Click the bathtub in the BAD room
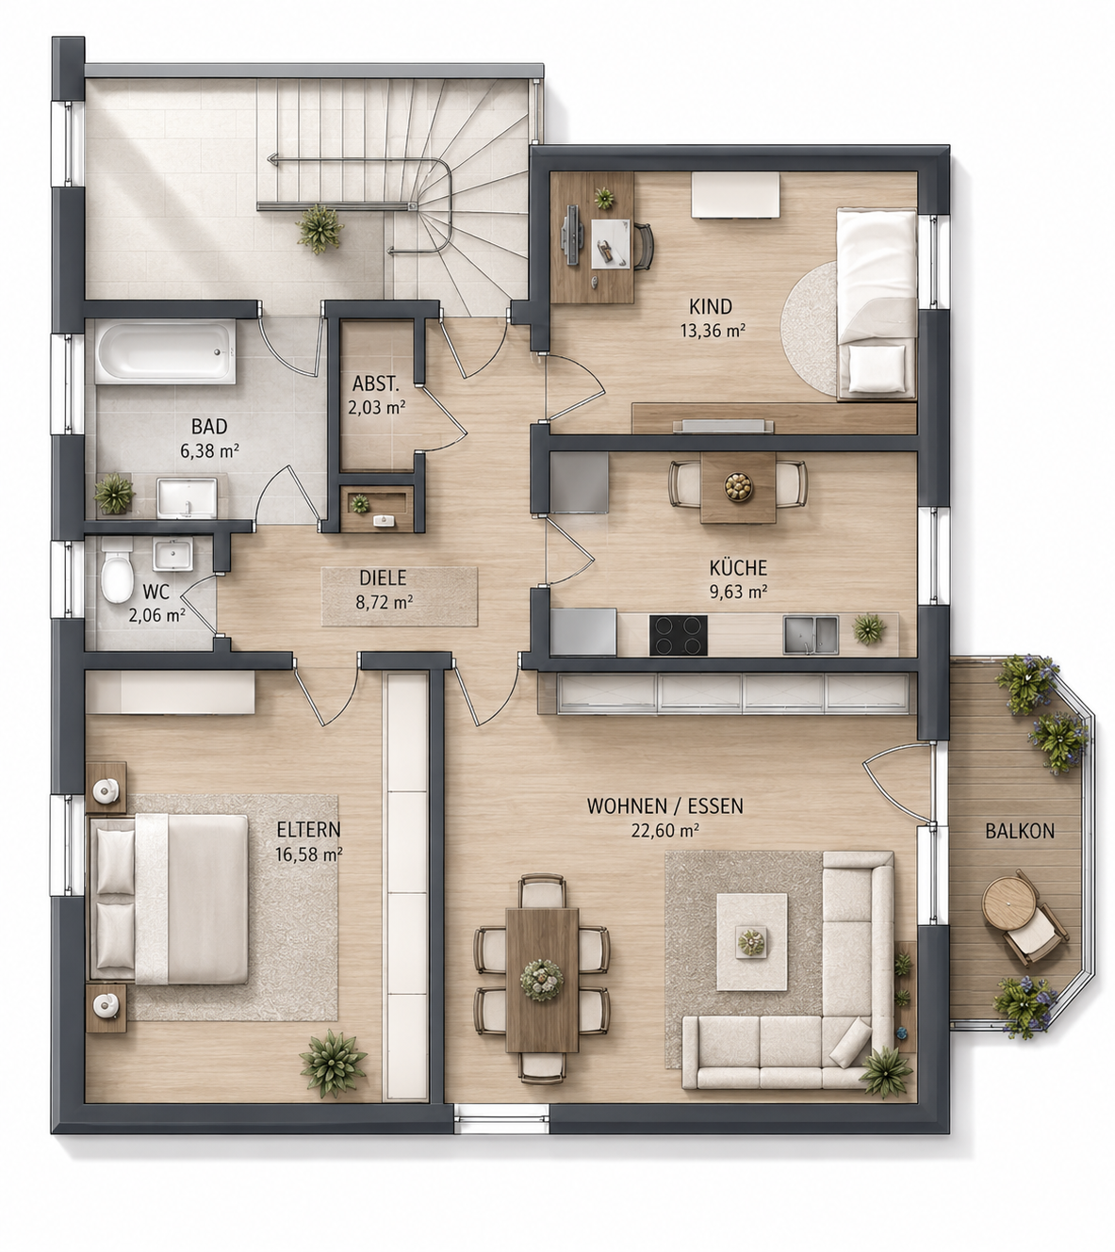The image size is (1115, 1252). (x=165, y=351)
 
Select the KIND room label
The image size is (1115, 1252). (x=711, y=306)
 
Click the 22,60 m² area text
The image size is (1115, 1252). (x=664, y=830)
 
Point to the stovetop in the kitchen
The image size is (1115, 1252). (x=678, y=635)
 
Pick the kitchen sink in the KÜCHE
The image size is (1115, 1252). (x=811, y=634)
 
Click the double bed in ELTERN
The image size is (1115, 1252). (x=170, y=899)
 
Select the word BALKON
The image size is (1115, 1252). (x=1020, y=831)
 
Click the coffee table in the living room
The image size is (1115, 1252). (x=751, y=942)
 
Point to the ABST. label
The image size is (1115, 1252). (x=376, y=383)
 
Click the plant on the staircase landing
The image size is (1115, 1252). (x=320, y=229)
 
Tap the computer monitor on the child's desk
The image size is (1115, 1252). (x=571, y=229)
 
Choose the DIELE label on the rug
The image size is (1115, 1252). (x=383, y=577)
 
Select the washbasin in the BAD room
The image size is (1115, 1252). (x=187, y=497)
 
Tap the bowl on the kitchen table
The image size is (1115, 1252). (x=738, y=486)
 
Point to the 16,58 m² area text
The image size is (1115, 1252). (x=309, y=854)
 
